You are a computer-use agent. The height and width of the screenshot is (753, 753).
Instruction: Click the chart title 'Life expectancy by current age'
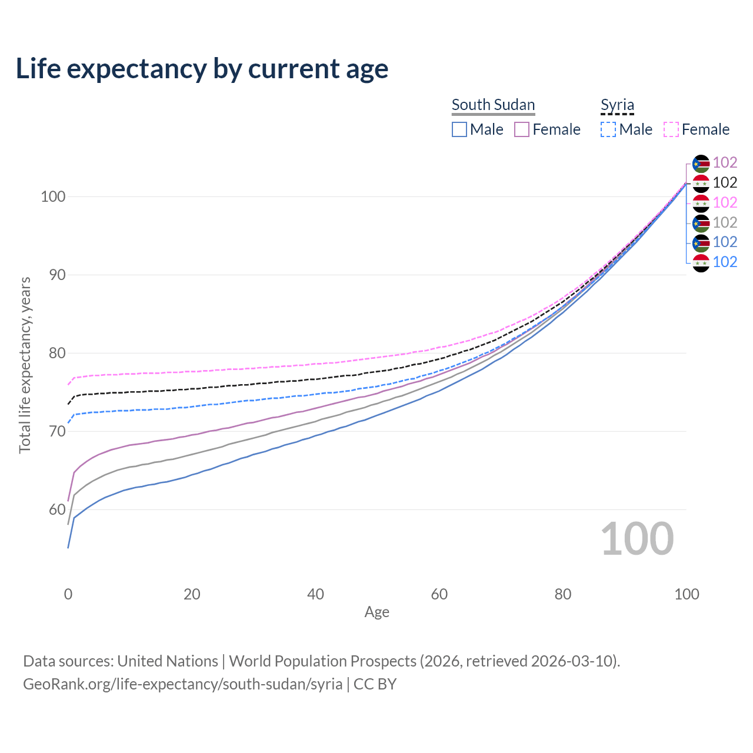(x=202, y=69)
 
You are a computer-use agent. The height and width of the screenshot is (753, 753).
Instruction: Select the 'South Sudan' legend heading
(x=493, y=105)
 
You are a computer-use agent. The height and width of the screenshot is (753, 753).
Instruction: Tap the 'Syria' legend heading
(x=617, y=105)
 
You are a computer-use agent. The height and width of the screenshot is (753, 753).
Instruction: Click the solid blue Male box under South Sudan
(x=459, y=129)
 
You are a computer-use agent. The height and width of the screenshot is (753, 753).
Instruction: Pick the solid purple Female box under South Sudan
(x=522, y=129)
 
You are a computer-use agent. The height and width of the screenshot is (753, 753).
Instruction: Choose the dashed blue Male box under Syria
(x=608, y=129)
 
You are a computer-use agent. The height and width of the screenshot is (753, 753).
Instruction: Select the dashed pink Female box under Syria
(x=671, y=129)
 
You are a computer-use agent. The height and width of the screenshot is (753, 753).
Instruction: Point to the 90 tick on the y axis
(x=53, y=275)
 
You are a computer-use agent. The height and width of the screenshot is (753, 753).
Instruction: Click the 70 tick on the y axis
(x=53, y=431)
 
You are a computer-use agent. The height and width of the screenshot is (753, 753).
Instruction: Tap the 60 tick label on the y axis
(x=53, y=509)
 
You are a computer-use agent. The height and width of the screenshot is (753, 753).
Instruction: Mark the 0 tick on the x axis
(x=68, y=594)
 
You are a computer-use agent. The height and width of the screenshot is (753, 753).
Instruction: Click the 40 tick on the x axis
(x=315, y=594)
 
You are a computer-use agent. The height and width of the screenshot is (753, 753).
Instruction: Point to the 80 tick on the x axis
(x=563, y=594)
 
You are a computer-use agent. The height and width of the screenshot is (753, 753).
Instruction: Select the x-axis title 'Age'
(x=376, y=612)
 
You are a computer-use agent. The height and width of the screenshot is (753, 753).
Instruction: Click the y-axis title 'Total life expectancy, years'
(x=25, y=365)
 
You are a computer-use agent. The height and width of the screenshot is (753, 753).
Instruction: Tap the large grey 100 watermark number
(x=637, y=539)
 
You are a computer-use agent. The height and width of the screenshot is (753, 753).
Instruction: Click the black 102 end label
(x=725, y=183)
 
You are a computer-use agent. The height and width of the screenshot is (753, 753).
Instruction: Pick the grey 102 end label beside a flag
(x=725, y=222)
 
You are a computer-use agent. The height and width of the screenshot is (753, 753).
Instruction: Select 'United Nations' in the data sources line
(x=168, y=661)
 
